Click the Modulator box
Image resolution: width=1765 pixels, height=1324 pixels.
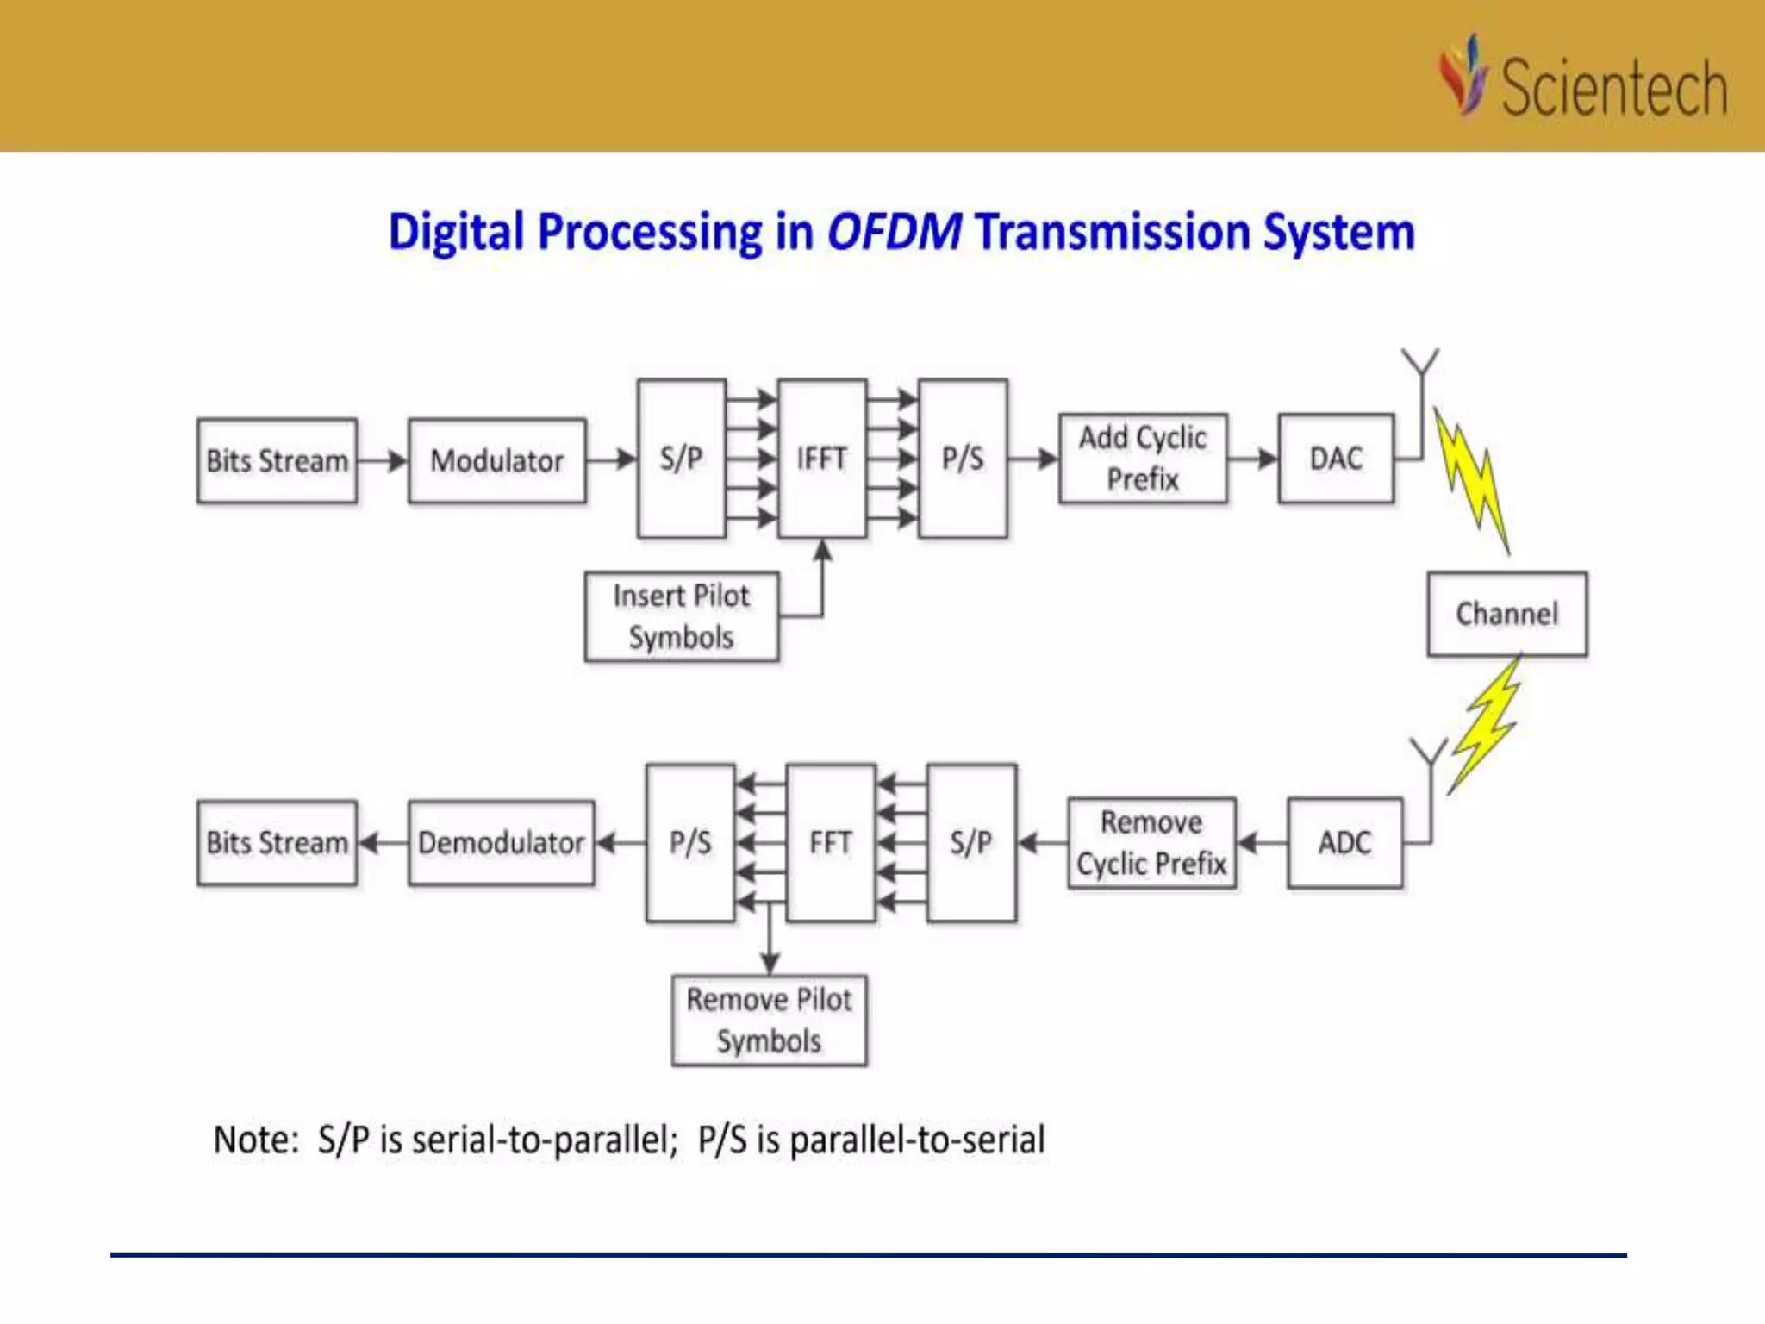pyautogui.click(x=497, y=461)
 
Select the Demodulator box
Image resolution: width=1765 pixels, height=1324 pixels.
pyautogui.click(x=501, y=843)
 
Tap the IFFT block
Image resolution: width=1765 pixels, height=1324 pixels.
pyautogui.click(x=821, y=459)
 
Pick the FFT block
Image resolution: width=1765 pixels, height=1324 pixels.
pyautogui.click(x=830, y=842)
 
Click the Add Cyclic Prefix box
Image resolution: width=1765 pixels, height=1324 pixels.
pyautogui.click(x=1143, y=459)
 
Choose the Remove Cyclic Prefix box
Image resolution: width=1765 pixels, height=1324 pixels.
pyautogui.click(x=1151, y=843)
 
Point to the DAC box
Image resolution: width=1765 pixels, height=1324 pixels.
pyautogui.click(x=1336, y=459)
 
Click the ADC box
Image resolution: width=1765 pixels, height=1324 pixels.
pyautogui.click(x=1344, y=843)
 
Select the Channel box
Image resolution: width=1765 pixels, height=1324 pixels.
pyautogui.click(x=1507, y=614)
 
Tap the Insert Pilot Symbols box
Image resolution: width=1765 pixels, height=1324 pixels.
pyautogui.click(x=681, y=616)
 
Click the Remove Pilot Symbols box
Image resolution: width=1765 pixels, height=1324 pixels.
pyautogui.click(x=769, y=1021)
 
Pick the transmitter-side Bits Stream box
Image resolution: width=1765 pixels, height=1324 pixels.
pyautogui.click(x=277, y=461)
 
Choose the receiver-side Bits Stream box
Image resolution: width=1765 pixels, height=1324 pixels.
pyautogui.click(x=277, y=843)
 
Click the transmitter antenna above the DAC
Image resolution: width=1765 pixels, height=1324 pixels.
pyautogui.click(x=1419, y=366)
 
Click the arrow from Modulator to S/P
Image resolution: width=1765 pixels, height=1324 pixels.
pyautogui.click(x=611, y=460)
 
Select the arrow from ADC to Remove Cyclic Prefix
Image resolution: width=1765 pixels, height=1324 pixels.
pyautogui.click(x=1262, y=843)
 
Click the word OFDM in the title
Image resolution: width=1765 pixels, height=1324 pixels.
pyautogui.click(x=894, y=232)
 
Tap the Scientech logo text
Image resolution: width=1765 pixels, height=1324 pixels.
pyautogui.click(x=1613, y=88)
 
